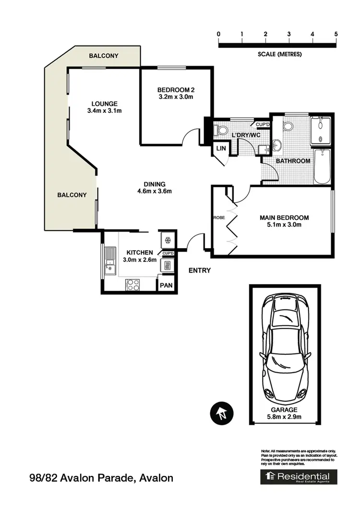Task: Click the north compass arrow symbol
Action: coord(221,412)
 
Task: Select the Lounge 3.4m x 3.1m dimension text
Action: coord(105,111)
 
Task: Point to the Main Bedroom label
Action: coord(284,218)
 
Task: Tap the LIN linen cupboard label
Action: coord(221,149)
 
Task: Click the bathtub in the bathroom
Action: coord(322,166)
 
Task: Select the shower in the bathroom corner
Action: coord(320,130)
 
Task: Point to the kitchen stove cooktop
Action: coord(132,284)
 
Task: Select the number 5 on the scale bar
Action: coord(336,34)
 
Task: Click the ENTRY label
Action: coord(199,270)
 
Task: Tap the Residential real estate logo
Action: coord(299,476)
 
